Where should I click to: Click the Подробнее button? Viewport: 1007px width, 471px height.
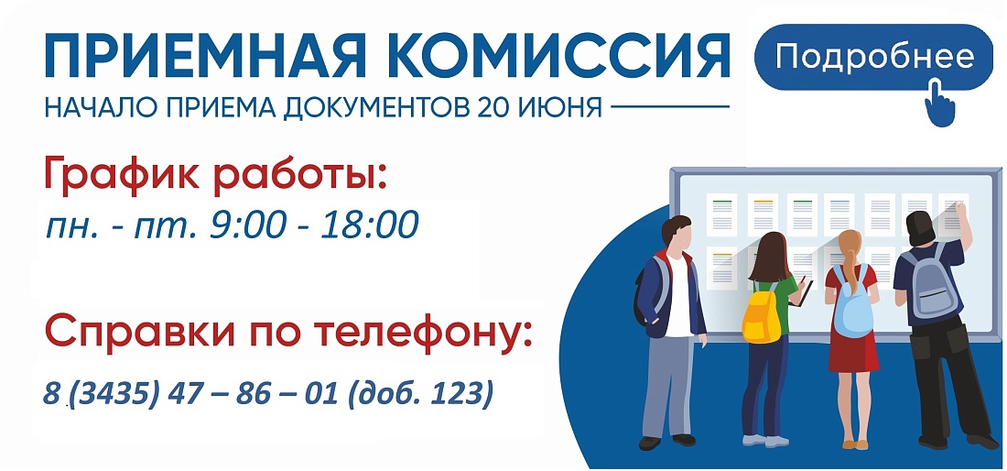874,57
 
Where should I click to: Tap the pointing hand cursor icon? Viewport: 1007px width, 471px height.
940,102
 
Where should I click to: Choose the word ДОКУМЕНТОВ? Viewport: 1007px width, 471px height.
376,107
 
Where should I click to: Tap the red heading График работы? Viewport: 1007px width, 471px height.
216,173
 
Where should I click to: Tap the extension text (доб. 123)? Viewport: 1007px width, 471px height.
421,393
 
